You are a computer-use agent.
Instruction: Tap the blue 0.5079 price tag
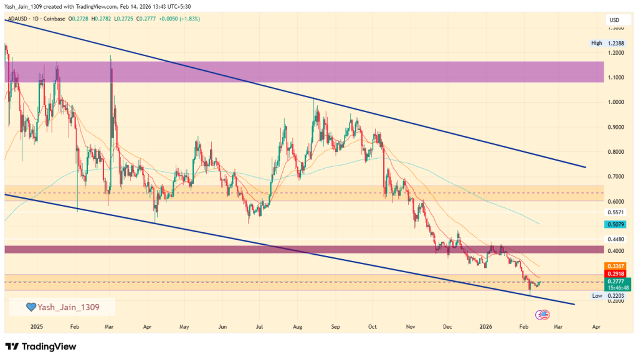[x=614, y=224]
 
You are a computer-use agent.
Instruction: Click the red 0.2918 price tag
[x=614, y=273]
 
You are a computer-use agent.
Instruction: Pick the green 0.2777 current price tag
[x=614, y=282]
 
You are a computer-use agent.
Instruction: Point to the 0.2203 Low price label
[x=614, y=296]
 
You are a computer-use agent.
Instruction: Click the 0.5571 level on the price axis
[x=614, y=212]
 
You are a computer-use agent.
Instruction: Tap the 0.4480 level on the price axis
[x=614, y=239]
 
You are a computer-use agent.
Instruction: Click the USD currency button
[x=614, y=21]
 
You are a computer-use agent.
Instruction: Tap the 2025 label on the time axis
[x=36, y=326]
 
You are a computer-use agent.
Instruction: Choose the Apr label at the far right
[x=596, y=326]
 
